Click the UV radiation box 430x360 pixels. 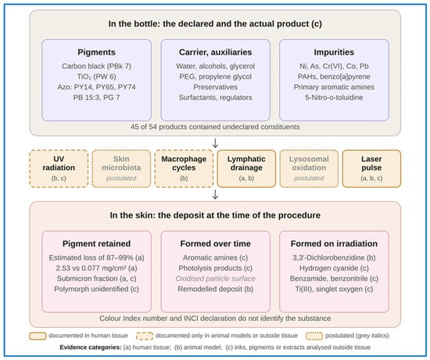pyautogui.click(x=59, y=168)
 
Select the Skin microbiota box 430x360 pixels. pyautogui.click(x=121, y=168)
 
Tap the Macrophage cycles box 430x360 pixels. pyautogui.click(x=184, y=168)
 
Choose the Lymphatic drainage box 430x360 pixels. pyautogui.click(x=246, y=168)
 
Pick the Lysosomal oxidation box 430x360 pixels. pyautogui.click(x=309, y=168)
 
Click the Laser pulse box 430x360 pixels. pyautogui.click(x=371, y=168)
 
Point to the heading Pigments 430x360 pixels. pyautogui.click(x=96, y=52)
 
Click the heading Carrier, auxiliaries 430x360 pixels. pyautogui.click(x=216, y=52)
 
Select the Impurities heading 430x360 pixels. pyautogui.click(x=334, y=52)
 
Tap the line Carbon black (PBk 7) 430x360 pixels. pyautogui.click(x=96, y=67)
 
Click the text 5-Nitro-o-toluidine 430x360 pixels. pyautogui.click(x=334, y=98)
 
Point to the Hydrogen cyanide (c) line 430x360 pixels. pyautogui.click(x=334, y=268)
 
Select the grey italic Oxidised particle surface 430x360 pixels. pyautogui.click(x=216, y=279)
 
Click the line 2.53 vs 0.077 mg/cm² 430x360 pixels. pyautogui.click(x=96, y=268)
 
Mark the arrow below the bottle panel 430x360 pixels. pyautogui.click(x=215, y=142)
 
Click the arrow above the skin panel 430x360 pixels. pyautogui.click(x=215, y=194)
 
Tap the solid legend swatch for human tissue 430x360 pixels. pyautogui.click(x=38, y=336)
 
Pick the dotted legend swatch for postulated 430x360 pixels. pyautogui.click(x=314, y=336)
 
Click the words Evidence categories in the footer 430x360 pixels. pyautogui.click(x=91, y=347)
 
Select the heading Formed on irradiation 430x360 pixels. pyautogui.click(x=334, y=243)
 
